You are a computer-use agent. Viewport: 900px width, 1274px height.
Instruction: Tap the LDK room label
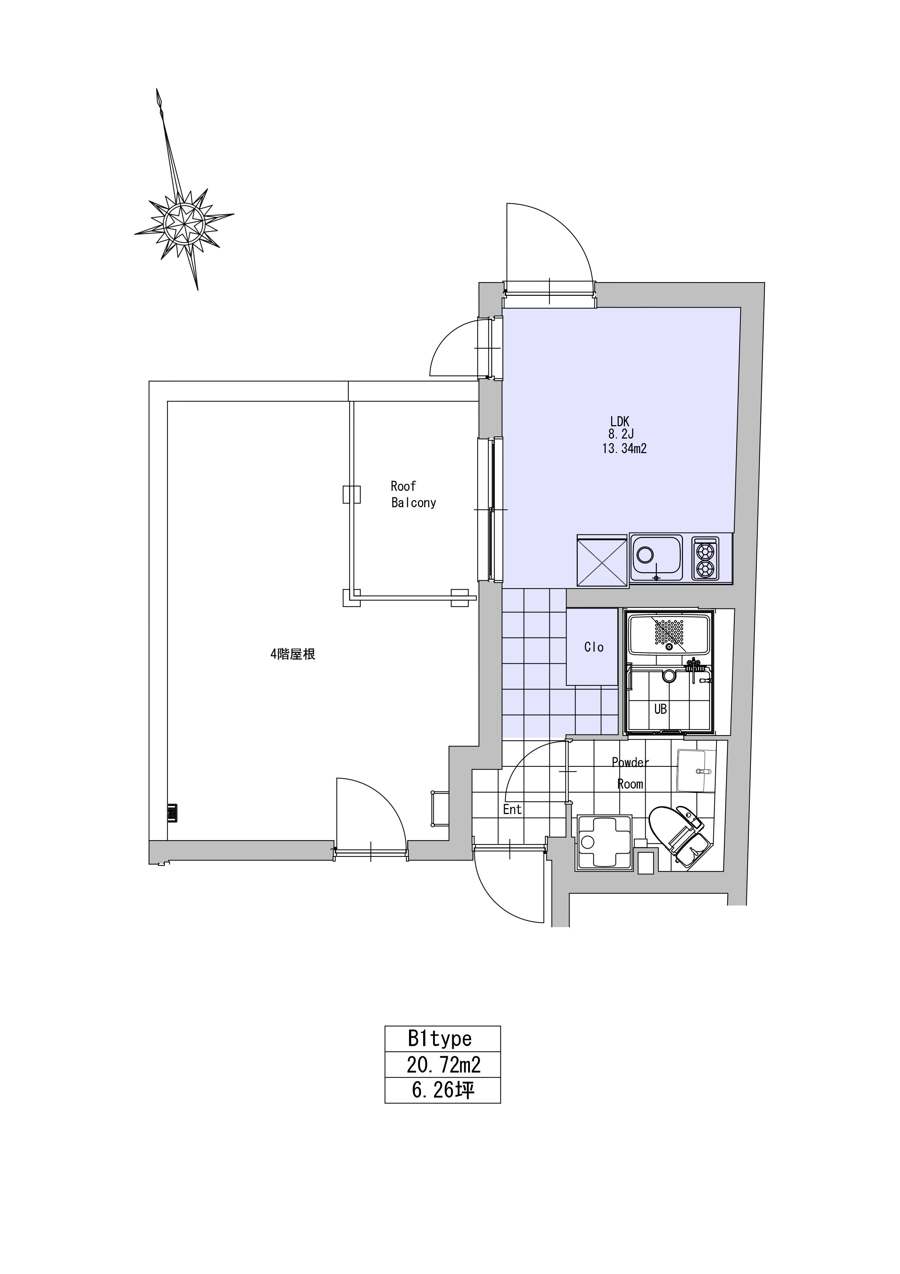click(619, 422)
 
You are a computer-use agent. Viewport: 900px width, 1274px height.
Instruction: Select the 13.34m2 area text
click(625, 449)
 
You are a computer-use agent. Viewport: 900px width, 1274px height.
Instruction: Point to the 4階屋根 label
click(293, 655)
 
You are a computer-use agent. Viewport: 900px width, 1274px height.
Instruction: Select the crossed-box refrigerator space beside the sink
click(602, 561)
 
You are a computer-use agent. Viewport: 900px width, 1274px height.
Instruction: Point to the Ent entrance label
click(512, 810)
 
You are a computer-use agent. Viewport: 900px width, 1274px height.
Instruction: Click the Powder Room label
click(630, 773)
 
